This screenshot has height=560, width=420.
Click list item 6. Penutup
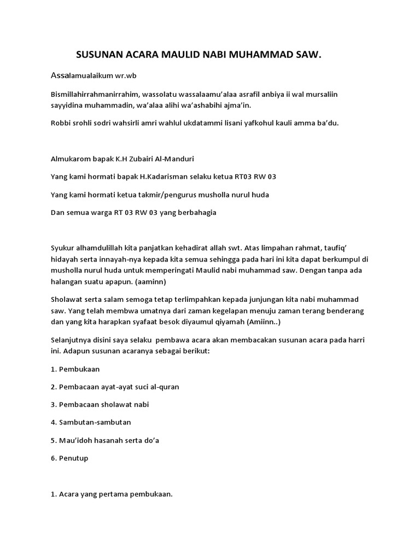click(69, 458)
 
